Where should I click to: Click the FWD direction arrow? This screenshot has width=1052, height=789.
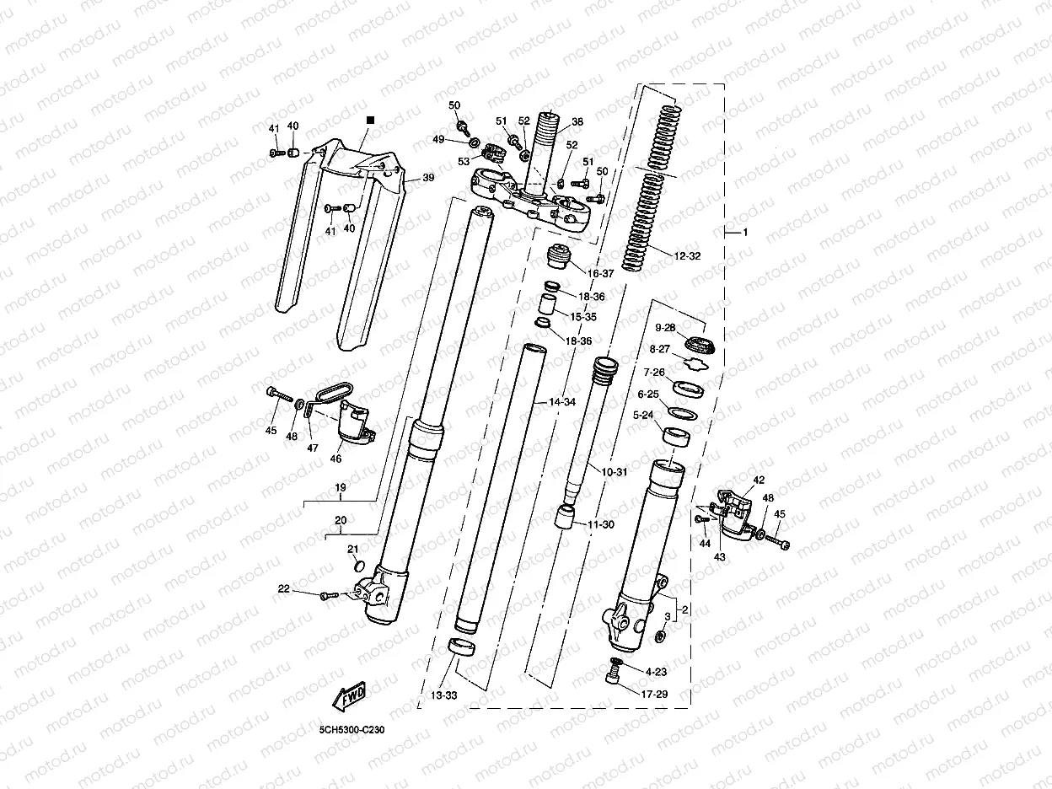click(x=348, y=695)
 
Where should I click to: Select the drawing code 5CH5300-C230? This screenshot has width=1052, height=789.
click(x=352, y=730)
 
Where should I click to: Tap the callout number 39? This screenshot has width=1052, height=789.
click(x=428, y=178)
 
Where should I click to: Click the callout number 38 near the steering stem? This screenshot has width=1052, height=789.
click(x=577, y=121)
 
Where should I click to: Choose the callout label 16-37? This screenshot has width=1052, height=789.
click(x=602, y=273)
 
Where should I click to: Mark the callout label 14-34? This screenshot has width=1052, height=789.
click(x=562, y=403)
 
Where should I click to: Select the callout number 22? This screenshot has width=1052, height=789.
click(x=284, y=589)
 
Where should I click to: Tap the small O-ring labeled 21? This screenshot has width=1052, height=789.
click(x=357, y=566)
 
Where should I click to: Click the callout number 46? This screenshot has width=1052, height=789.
click(x=335, y=459)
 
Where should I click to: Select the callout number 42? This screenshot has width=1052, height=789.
click(x=759, y=480)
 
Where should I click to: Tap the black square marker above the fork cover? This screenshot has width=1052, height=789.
click(x=368, y=122)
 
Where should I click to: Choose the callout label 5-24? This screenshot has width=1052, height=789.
click(x=642, y=415)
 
